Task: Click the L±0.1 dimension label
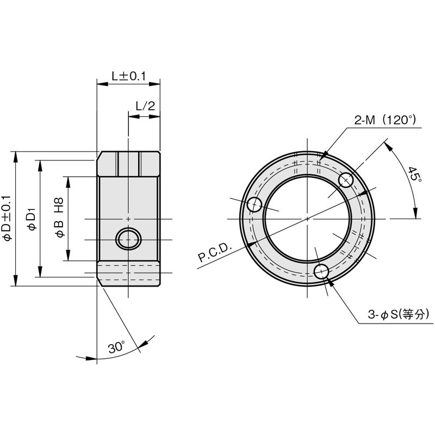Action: point(128,76)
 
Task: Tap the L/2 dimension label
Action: point(145,105)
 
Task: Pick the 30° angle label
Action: point(117,347)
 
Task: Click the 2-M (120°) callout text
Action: point(385,120)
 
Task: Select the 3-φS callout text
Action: point(399,315)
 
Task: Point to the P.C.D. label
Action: point(215,253)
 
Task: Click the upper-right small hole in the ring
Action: point(346,180)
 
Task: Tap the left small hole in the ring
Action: point(254,205)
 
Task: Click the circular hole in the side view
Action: point(128,239)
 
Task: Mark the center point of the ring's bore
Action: point(307,219)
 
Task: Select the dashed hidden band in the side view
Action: point(129,269)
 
